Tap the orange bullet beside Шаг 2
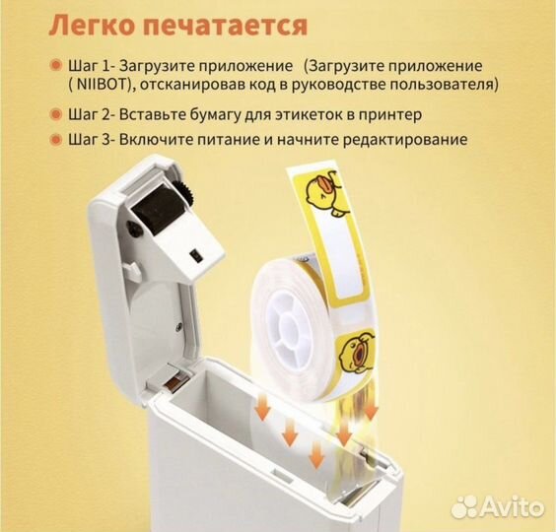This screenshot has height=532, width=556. pos(55,113)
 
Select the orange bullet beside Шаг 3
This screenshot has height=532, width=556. pos(55,140)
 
